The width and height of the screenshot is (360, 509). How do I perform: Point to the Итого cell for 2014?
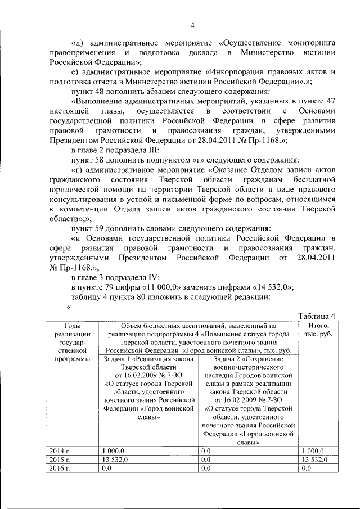tap(313, 451)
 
